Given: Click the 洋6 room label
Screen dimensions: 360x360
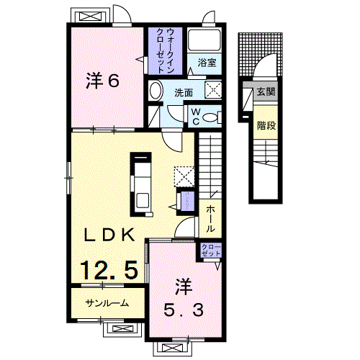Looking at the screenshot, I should pos(102,81).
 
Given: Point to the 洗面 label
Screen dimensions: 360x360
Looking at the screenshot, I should pos(184,93).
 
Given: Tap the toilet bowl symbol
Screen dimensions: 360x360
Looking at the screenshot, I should pos(211,116).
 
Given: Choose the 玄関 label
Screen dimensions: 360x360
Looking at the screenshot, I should pos(265,92).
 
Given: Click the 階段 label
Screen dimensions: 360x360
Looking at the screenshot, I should pos(265,125).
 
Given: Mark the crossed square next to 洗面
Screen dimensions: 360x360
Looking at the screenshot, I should pos(213,90).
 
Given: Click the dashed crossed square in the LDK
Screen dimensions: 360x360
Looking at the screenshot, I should pos(184,175).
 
